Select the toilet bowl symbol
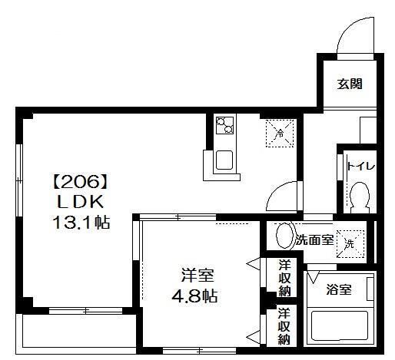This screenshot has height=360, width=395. (358, 200)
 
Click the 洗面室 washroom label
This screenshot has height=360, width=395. (314, 239)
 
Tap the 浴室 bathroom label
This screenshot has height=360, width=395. (338, 289)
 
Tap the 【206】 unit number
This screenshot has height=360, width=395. (76, 183)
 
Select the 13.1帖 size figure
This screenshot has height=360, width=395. (77, 223)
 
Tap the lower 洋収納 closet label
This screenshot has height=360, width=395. (284, 325)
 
